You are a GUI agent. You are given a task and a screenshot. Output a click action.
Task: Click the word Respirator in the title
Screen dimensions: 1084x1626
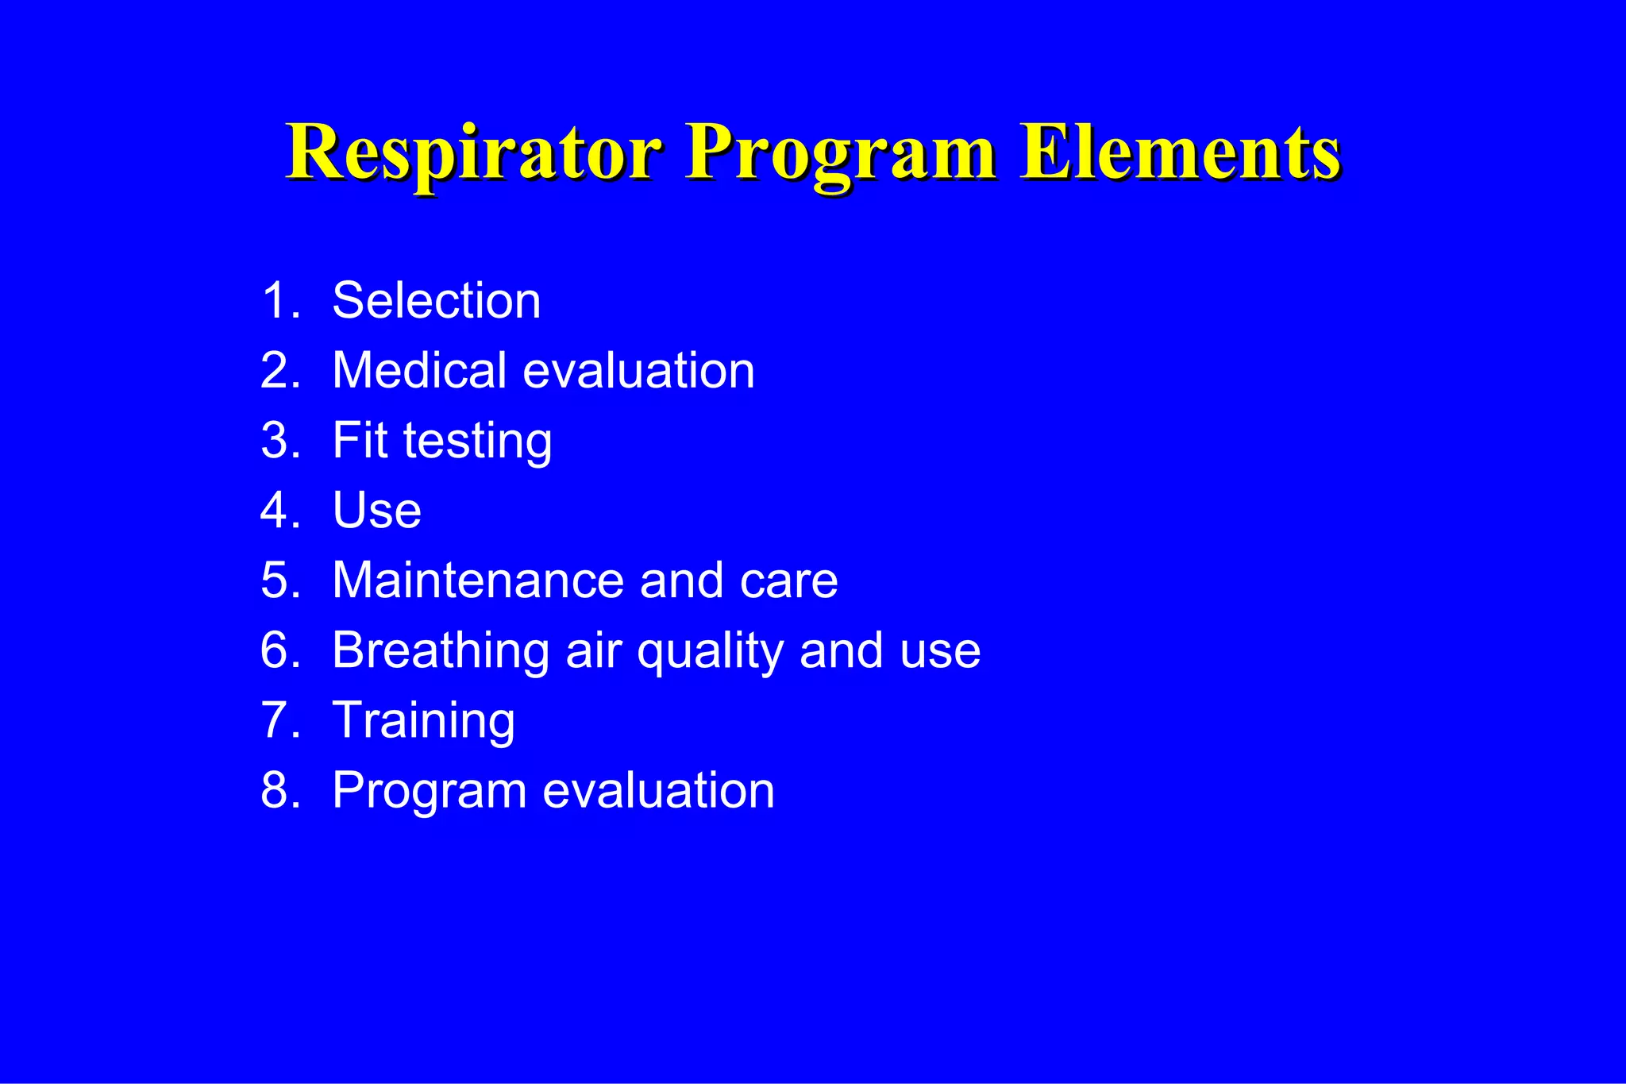[x=474, y=152]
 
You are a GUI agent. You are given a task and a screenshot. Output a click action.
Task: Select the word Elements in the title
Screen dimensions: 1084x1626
[x=1181, y=152]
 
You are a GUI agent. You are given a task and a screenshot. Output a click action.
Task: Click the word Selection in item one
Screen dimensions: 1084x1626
[x=436, y=301]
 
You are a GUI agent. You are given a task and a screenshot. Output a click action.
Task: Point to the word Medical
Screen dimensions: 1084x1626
[x=419, y=371]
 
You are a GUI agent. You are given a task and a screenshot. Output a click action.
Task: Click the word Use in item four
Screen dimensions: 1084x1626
[x=376, y=511]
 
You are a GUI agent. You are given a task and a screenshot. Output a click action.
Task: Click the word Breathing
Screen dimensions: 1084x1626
[x=441, y=651]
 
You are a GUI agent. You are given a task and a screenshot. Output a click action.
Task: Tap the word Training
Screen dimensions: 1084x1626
[x=423, y=721]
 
